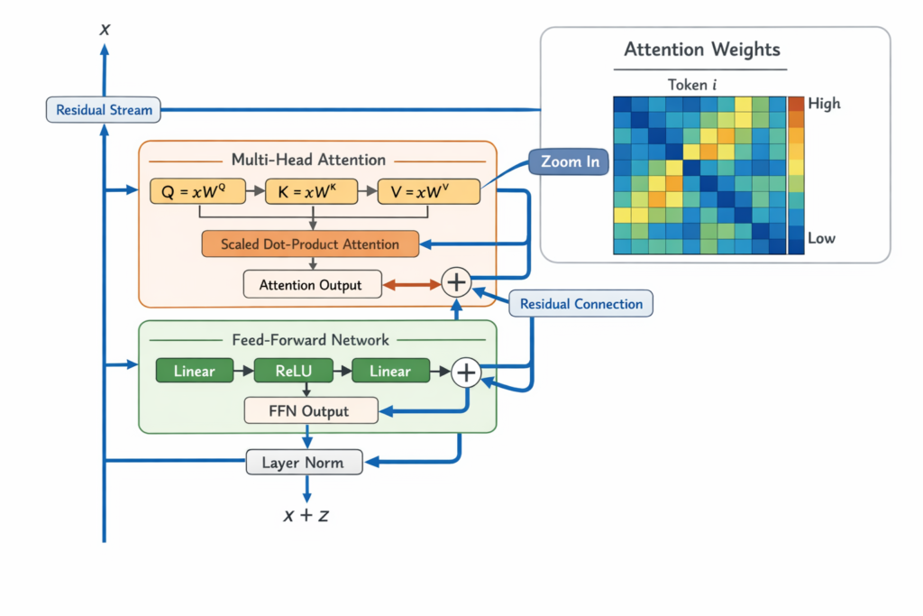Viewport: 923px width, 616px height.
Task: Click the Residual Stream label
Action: pos(105,110)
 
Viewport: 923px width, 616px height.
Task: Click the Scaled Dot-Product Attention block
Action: pos(310,244)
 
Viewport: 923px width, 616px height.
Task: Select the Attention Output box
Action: pos(311,285)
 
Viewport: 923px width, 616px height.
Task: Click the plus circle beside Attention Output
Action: pos(457,283)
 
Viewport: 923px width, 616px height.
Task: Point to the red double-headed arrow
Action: pos(412,284)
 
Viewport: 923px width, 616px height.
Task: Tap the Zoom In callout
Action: pos(569,162)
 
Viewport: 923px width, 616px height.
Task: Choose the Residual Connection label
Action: pos(581,303)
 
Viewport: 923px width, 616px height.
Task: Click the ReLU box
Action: pos(294,371)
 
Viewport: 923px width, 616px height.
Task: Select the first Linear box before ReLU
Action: pos(194,371)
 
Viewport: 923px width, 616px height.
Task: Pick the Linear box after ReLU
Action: pos(389,371)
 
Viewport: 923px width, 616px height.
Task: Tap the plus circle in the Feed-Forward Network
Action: pos(466,371)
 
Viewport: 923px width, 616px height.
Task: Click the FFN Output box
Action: pos(310,411)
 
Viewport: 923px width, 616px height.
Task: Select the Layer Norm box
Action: pos(306,463)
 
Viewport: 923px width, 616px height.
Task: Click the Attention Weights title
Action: pos(702,49)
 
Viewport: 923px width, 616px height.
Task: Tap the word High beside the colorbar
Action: pos(824,104)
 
